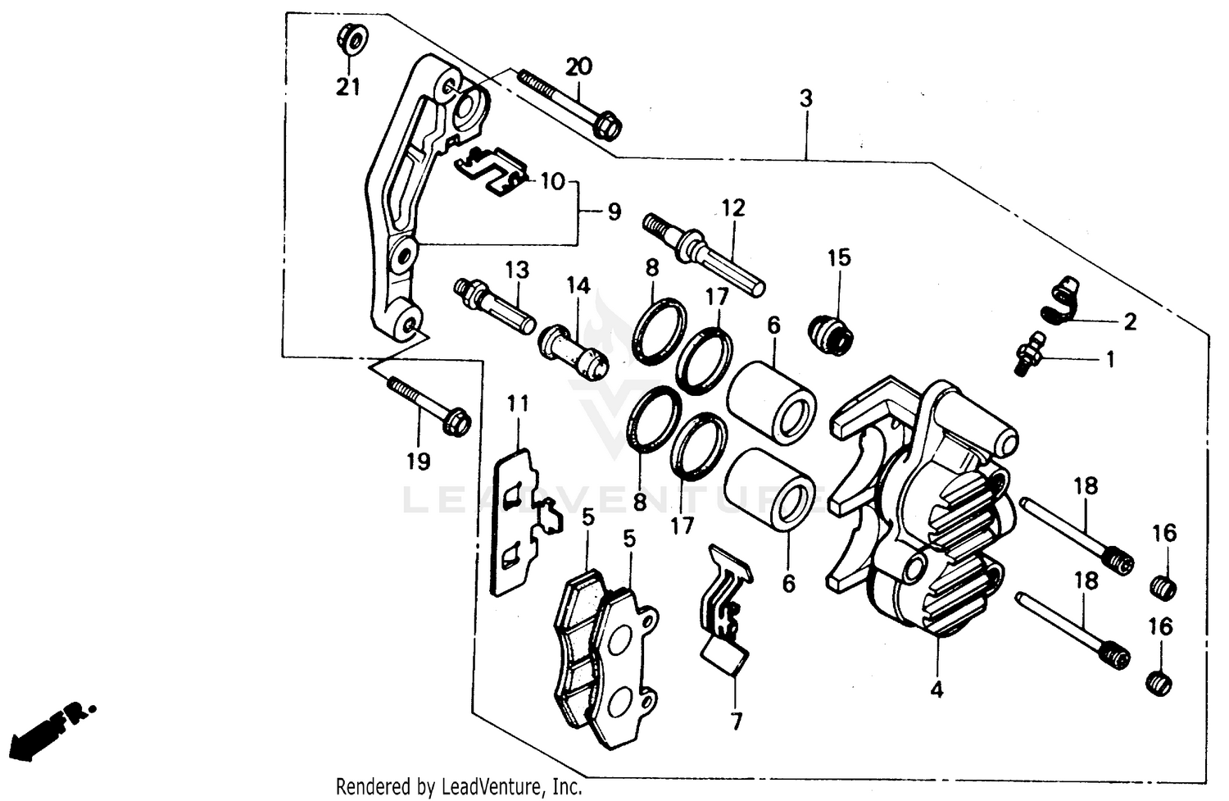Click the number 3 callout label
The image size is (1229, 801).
806,99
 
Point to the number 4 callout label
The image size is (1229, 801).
936,689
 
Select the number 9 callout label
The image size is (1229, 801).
614,212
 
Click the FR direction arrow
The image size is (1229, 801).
52,726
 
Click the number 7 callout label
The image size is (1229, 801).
736,721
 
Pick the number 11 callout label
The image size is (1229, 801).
517,403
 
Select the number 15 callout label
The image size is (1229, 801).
839,257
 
